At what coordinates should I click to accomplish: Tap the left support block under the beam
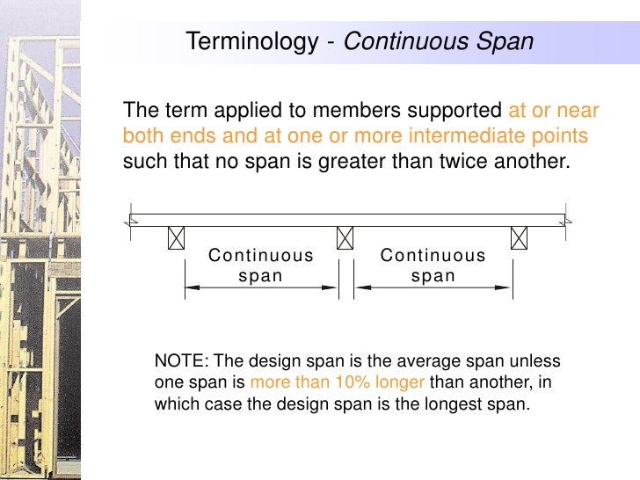[x=177, y=238]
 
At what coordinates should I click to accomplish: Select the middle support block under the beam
[x=345, y=238]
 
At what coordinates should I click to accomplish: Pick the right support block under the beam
[x=520, y=238]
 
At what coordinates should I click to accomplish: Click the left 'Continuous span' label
[x=261, y=265]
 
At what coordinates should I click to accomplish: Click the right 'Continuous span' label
[x=433, y=265]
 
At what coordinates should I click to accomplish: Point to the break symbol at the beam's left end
[x=129, y=220]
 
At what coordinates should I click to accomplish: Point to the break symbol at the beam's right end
[x=567, y=220]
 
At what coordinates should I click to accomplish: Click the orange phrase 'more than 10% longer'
[x=338, y=383]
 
